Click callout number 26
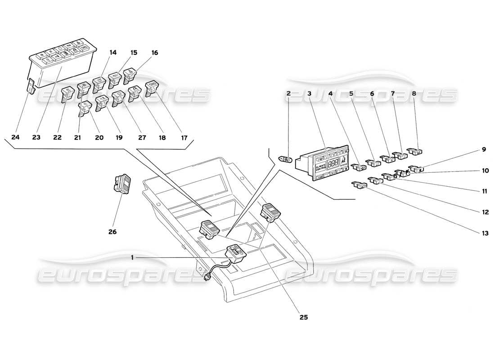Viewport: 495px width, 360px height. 112,232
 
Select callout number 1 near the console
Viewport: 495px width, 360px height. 132,257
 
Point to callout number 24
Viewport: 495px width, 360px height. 16,137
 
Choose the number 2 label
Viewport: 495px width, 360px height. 289,94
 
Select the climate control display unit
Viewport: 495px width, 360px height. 322,163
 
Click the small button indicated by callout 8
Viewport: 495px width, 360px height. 414,152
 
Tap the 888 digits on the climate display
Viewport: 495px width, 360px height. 333,164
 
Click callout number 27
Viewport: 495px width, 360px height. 142,137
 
